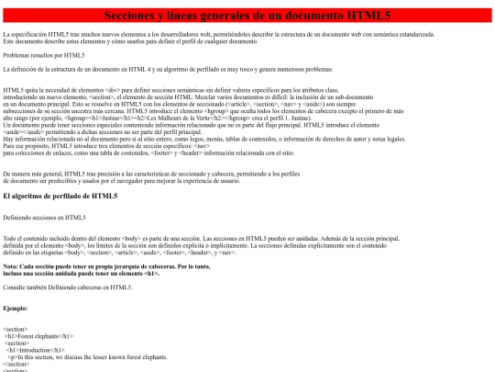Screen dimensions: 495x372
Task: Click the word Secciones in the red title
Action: pyautogui.click(x=135, y=16)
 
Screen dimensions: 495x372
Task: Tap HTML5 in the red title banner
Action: pyautogui.click(x=371, y=16)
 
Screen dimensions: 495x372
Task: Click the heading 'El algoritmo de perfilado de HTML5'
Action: pyautogui.click(x=60, y=196)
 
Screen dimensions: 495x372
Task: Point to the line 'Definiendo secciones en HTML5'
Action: pyautogui.click(x=45, y=217)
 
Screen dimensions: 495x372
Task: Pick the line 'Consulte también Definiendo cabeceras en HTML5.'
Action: pyautogui.click(x=68, y=287)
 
